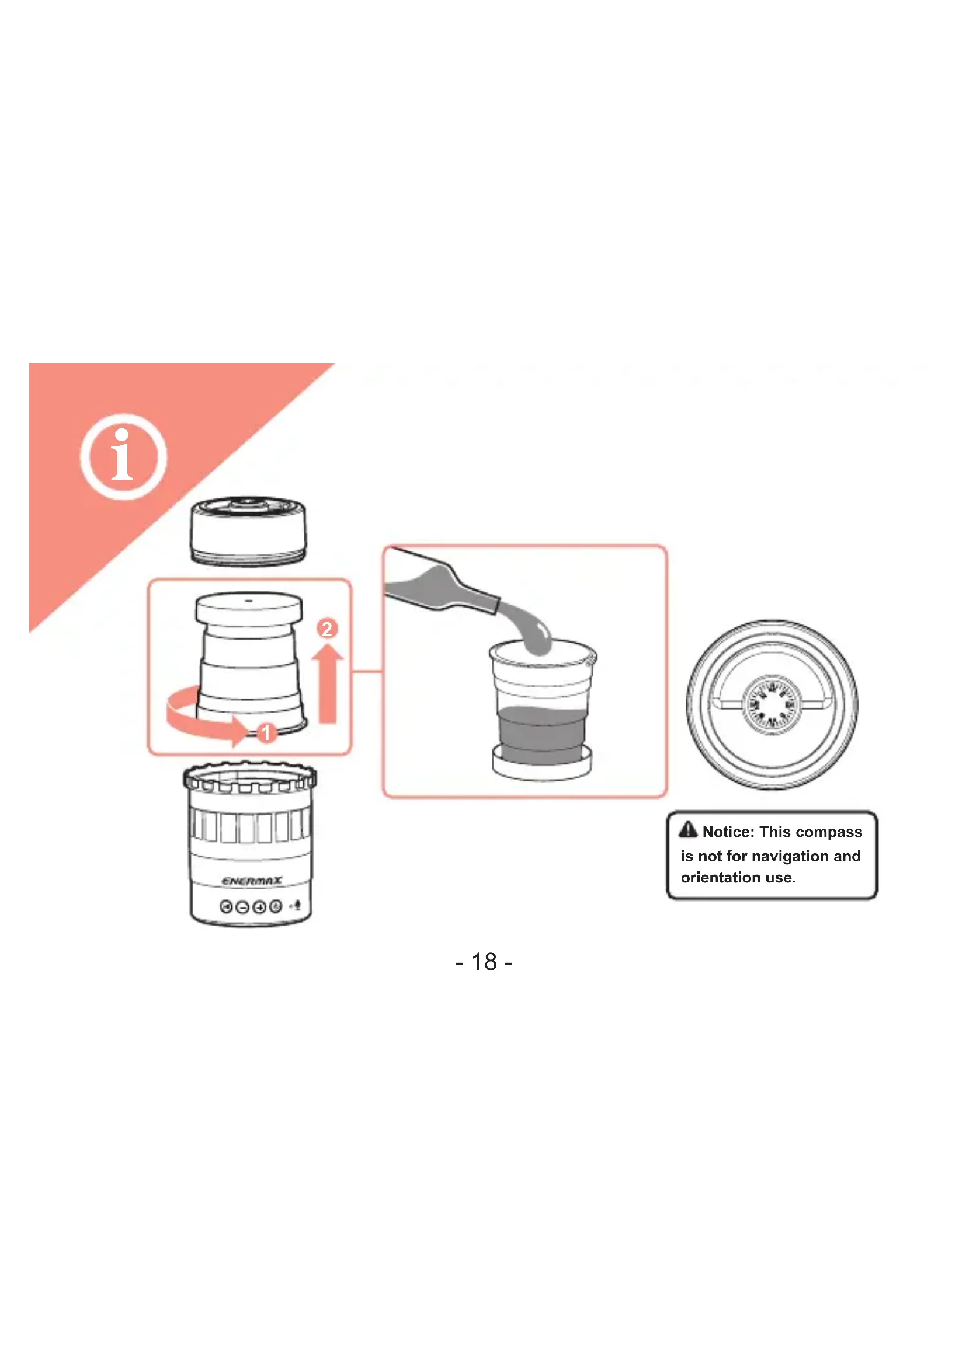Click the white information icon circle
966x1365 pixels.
point(123,456)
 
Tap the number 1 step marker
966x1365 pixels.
point(266,732)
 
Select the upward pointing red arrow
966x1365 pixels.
point(328,685)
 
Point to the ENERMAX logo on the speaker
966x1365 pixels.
point(252,881)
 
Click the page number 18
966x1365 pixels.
point(484,962)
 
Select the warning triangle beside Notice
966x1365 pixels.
point(687,829)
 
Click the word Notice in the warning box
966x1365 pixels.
point(728,832)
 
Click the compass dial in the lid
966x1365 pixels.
point(772,705)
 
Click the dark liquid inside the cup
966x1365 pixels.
point(541,735)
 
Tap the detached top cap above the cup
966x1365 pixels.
point(248,531)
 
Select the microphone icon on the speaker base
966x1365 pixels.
point(297,906)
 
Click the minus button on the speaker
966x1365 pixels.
point(242,907)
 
